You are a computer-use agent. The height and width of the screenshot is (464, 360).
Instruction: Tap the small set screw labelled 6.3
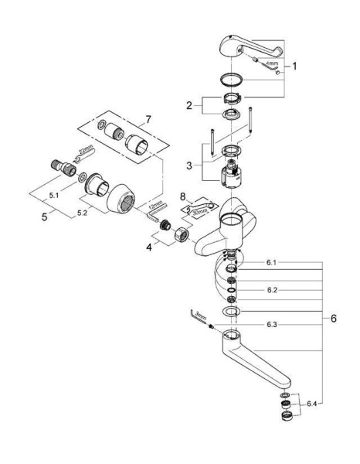click(x=210, y=326)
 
